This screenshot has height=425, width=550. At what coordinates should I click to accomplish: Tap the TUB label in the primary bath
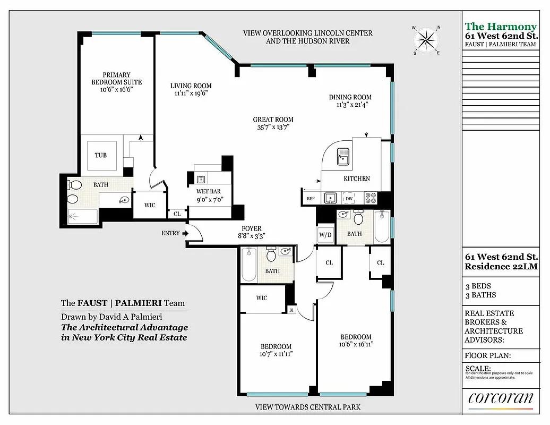(100, 155)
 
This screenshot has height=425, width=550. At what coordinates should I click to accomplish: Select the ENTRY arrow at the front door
(186, 233)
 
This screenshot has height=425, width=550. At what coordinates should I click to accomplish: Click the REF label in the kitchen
(311, 199)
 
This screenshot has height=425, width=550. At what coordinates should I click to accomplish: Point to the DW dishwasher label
(349, 199)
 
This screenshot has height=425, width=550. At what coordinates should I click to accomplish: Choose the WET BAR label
(209, 192)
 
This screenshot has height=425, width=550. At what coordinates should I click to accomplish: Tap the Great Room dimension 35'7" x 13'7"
(273, 127)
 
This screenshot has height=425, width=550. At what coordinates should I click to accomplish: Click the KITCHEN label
(357, 178)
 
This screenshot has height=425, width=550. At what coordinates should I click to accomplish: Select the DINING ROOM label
(350, 97)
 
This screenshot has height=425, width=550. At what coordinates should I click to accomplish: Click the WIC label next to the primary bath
(150, 205)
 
